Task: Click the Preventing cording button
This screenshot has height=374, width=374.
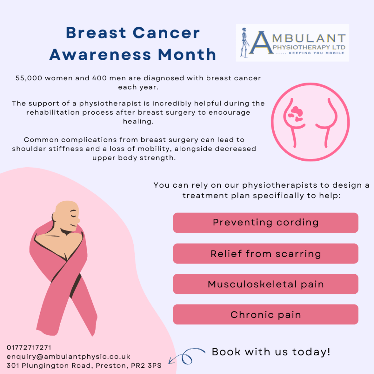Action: point(266,222)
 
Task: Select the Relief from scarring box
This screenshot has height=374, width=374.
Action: point(266,253)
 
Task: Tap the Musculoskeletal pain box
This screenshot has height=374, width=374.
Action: point(266,284)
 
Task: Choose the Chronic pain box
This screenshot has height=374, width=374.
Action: point(266,314)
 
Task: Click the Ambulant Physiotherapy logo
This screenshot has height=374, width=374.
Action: point(293,43)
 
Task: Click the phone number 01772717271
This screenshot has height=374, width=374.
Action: point(29,347)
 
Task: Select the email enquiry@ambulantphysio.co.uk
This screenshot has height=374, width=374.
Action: point(68,356)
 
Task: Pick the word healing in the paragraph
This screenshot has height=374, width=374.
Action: point(138,122)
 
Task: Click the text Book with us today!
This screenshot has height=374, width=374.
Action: point(271,352)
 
